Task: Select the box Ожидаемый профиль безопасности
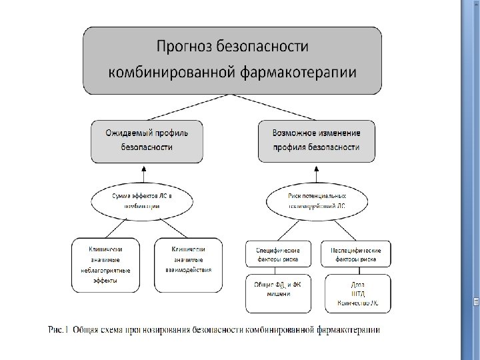pyautogui.click(x=147, y=141)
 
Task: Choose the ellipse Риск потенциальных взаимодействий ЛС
pyautogui.click(x=317, y=201)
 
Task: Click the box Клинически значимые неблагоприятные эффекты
pyautogui.click(x=105, y=265)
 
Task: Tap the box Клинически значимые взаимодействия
pyautogui.click(x=188, y=265)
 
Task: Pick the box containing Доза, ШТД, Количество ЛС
pyautogui.click(x=355, y=293)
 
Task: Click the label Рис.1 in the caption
pyautogui.click(x=57, y=329)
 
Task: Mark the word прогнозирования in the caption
pyautogui.click(x=160, y=329)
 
